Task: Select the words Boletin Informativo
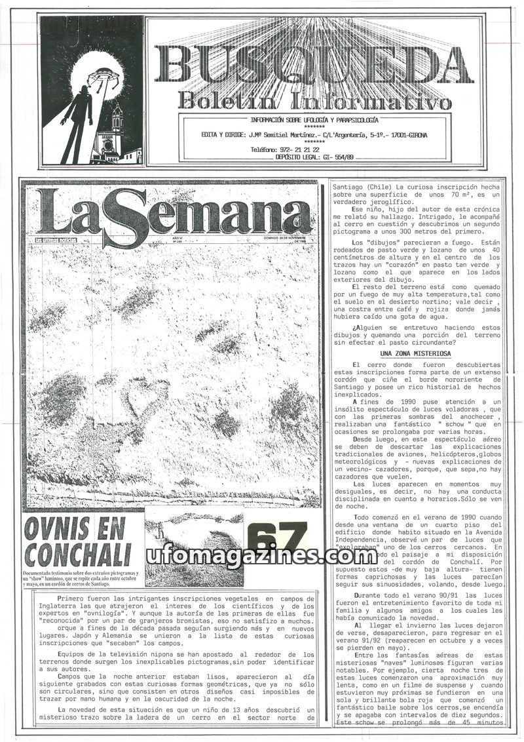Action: pyautogui.click(x=314, y=101)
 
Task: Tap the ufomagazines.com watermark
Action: pyautogui.click(x=261, y=556)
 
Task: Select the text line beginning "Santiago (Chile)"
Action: pyautogui.click(x=419, y=188)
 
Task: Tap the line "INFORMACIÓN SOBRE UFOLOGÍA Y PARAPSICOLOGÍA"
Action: pyautogui.click(x=314, y=120)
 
